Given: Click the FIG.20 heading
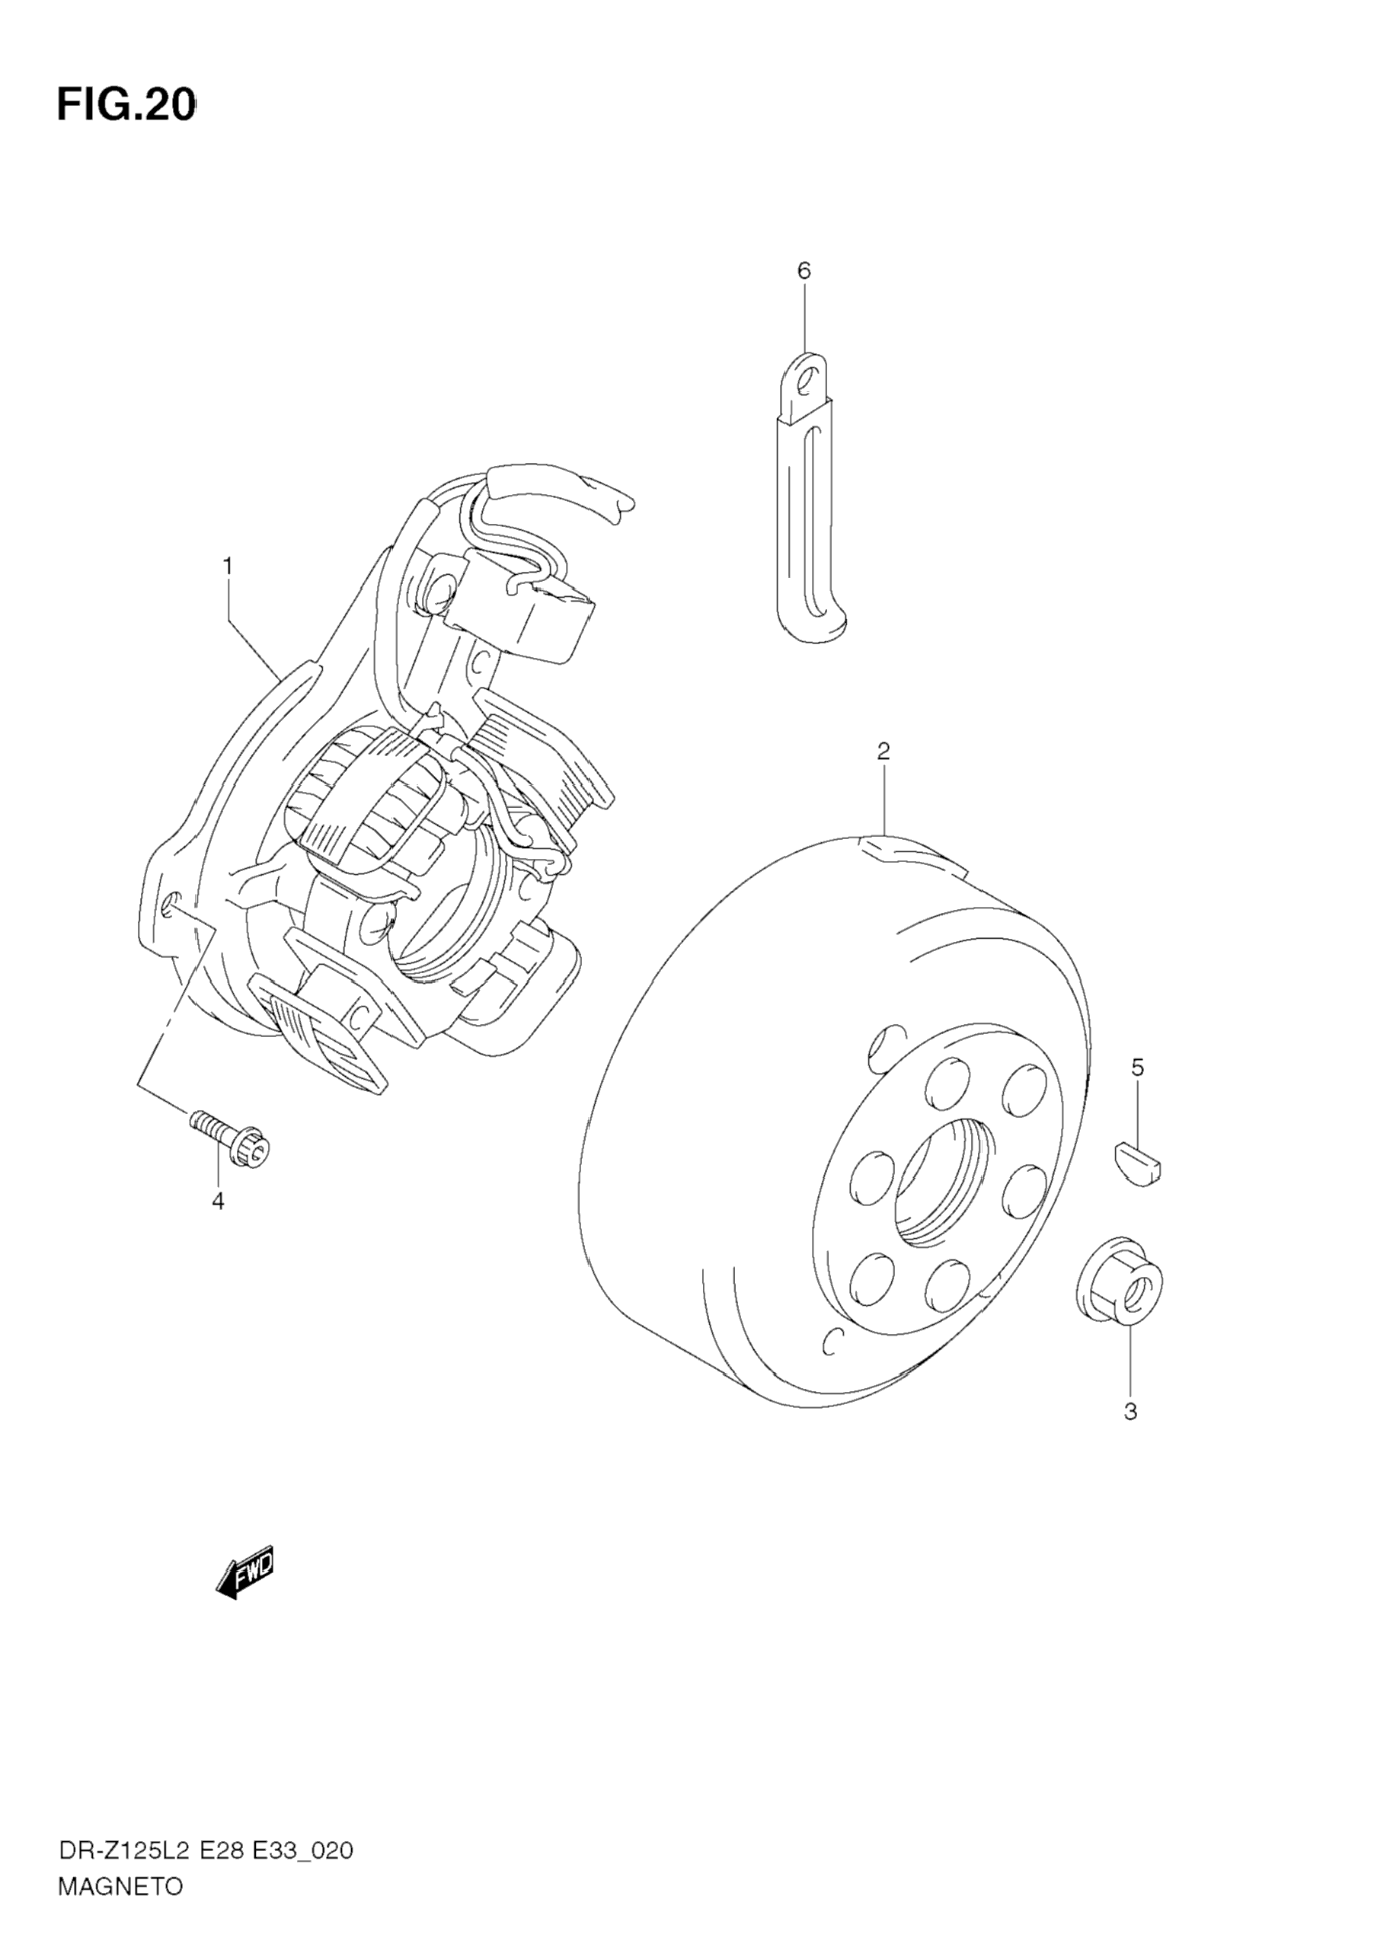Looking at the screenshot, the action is tap(126, 106).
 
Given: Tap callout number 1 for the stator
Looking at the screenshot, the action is tap(227, 566).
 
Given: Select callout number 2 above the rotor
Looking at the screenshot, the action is tap(883, 751).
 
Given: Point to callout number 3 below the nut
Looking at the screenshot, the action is tap(1130, 1412).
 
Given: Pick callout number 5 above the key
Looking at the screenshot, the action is tap(1137, 1068).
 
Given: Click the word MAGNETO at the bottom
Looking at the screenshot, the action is tap(120, 1888).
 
